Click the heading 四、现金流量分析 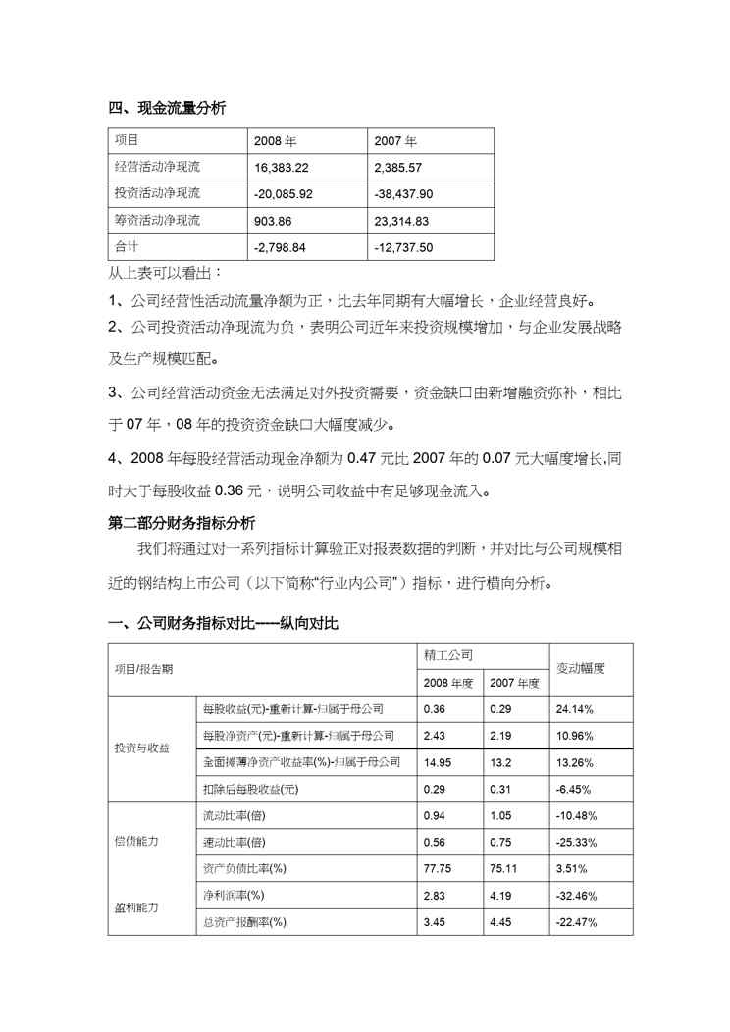[x=167, y=109]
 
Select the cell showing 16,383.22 [x=282, y=168]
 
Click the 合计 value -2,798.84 [x=281, y=247]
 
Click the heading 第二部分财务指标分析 [x=182, y=523]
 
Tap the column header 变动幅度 [x=580, y=667]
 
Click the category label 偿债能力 [x=136, y=842]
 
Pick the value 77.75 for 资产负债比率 [x=438, y=868]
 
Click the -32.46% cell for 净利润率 [x=579, y=895]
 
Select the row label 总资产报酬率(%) [x=244, y=921]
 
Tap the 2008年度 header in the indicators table [x=448, y=681]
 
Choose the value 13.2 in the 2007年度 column [x=501, y=761]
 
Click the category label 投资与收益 [x=142, y=748]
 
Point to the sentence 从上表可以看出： [x=165, y=271]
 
